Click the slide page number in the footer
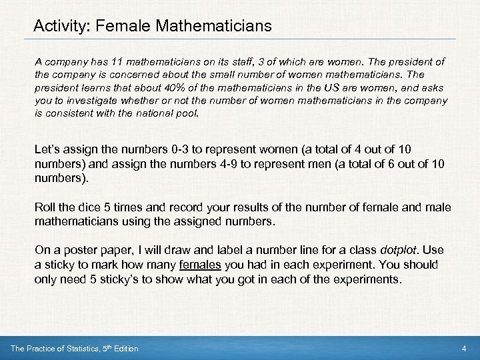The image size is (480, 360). (x=463, y=349)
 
